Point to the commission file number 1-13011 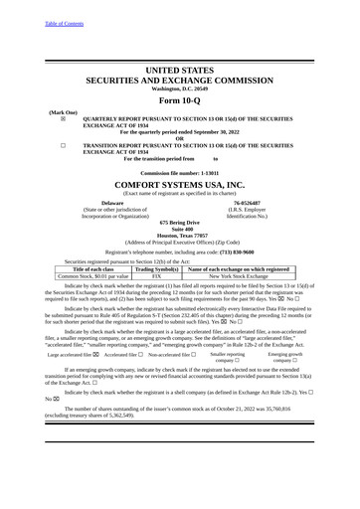click(209, 172)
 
